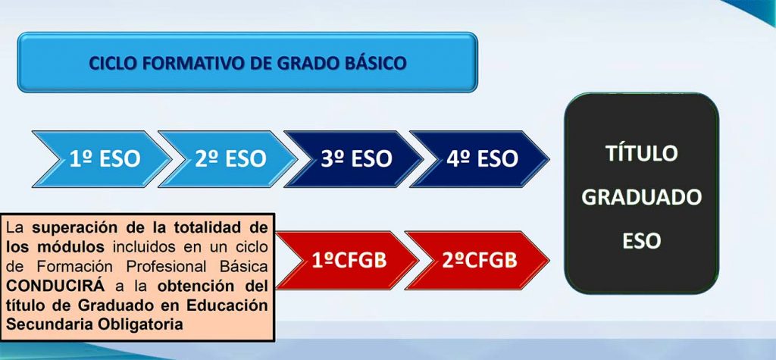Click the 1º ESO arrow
(102, 159)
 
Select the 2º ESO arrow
(227, 159)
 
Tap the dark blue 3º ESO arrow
(353, 159)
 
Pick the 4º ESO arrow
(479, 159)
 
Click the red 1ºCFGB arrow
(347, 261)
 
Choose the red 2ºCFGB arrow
(477, 261)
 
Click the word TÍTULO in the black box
(641, 153)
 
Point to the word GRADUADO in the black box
(641, 197)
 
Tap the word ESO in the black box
(641, 241)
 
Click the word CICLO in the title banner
(114, 63)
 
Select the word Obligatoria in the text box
(141, 325)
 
